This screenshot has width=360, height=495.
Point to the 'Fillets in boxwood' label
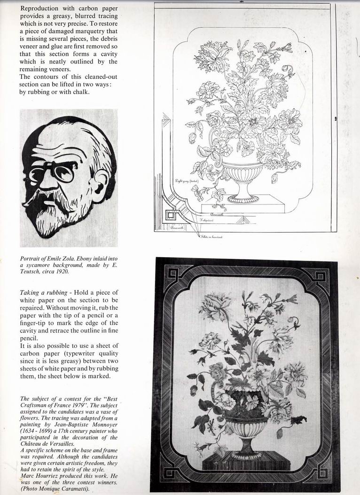pyautogui.click(x=210, y=237)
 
